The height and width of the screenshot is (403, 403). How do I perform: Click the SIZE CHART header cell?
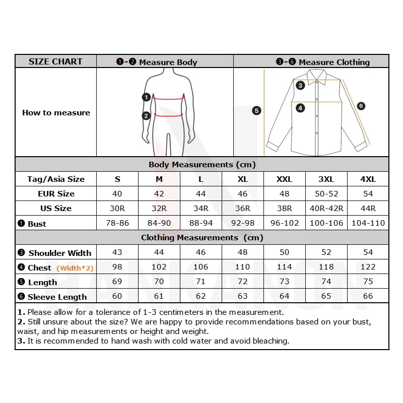point(55,61)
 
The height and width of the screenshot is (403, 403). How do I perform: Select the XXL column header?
point(284,179)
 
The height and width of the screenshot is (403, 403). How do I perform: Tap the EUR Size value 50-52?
point(326,193)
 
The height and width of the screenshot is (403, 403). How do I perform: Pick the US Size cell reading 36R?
point(242,208)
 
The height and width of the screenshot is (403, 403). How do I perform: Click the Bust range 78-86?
point(117,223)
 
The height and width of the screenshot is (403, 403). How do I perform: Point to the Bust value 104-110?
point(368,223)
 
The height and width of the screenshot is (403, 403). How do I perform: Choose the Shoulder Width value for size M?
point(159,252)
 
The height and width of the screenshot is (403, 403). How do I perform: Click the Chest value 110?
point(242,267)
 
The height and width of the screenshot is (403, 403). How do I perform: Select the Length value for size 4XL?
point(368,282)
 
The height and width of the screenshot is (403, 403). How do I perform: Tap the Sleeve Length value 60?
point(117,296)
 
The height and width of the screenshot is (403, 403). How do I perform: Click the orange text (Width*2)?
point(75,268)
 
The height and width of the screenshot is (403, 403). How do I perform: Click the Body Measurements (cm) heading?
point(202,164)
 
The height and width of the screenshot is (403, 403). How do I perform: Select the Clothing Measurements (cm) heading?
point(202,237)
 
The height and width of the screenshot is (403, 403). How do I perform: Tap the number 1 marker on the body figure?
point(146,97)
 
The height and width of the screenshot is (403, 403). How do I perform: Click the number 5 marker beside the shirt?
point(256,110)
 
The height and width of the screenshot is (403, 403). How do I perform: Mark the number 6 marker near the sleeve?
point(361,106)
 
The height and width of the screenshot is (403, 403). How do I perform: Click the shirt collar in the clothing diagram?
point(316,77)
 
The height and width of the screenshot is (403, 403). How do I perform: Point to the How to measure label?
point(56,113)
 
